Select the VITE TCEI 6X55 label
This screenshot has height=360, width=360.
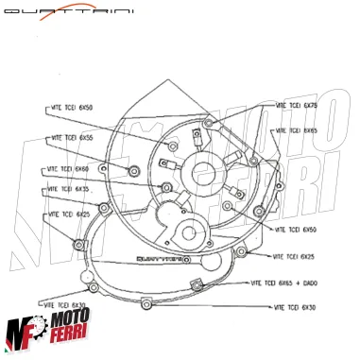point(72,138)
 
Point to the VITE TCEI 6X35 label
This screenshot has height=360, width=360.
point(67,190)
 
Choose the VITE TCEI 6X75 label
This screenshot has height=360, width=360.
point(297,105)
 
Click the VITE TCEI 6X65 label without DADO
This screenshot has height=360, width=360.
point(297,130)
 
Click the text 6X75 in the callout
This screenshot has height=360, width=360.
point(310,105)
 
